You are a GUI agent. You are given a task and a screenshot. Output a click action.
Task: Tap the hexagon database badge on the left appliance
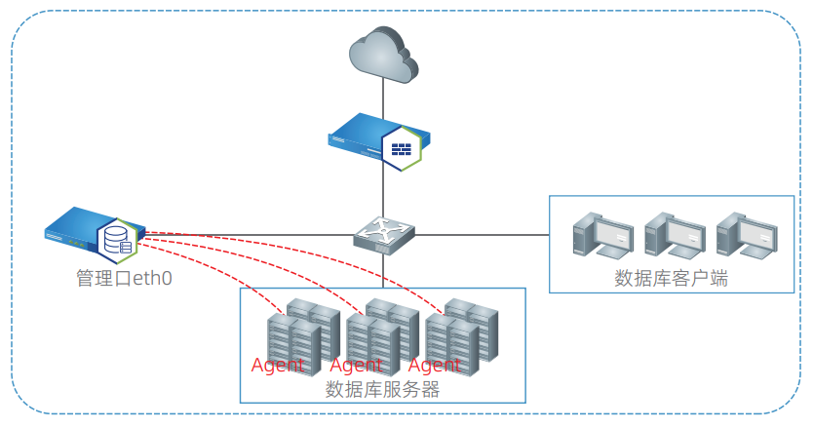pyautogui.click(x=116, y=239)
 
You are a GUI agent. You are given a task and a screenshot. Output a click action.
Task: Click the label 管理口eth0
pyautogui.click(x=123, y=278)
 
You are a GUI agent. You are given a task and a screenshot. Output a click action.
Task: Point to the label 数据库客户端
pyautogui.click(x=672, y=279)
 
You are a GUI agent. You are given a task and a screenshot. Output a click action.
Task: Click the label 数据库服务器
pyautogui.click(x=382, y=390)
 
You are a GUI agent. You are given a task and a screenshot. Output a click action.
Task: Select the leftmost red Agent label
pyautogui.click(x=278, y=366)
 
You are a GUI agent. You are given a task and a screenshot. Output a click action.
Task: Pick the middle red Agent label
pyautogui.click(x=357, y=366)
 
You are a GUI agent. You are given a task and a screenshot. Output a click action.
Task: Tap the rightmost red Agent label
pyautogui.click(x=434, y=366)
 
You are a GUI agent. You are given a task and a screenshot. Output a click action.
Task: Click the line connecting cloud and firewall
pyautogui.click(x=383, y=97)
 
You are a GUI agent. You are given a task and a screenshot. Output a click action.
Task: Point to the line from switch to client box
pyautogui.click(x=483, y=234)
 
